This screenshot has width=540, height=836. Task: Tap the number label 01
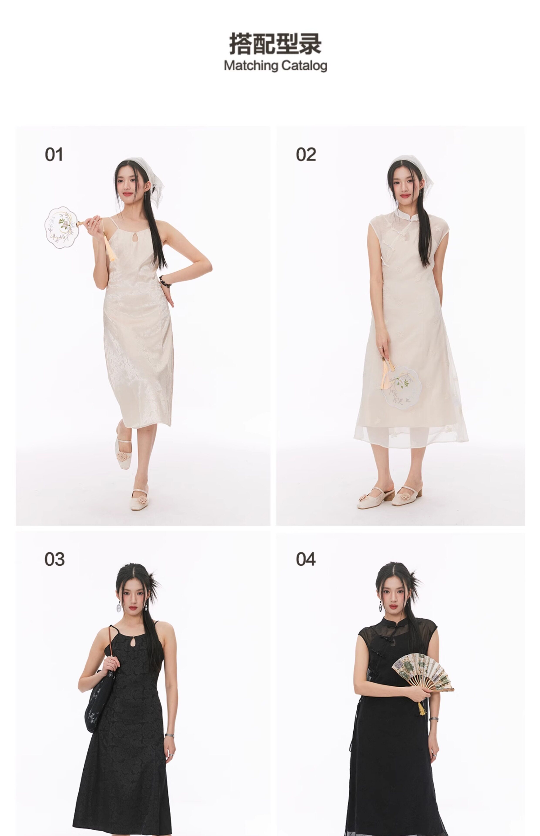(54, 155)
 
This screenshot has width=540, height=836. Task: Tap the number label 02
(306, 155)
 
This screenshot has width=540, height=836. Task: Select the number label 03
(54, 559)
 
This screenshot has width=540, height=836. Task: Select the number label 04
(305, 559)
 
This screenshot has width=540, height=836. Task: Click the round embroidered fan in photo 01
(61, 227)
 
